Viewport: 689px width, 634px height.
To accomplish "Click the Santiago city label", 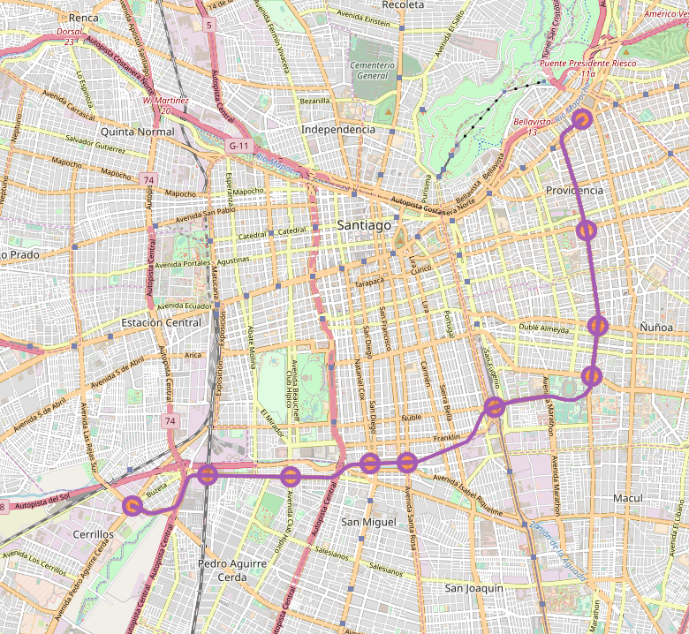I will pyautogui.click(x=363, y=226).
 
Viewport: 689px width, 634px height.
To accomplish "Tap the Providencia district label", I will pyautogui.click(x=574, y=191).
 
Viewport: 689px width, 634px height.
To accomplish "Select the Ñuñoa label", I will pyautogui.click(x=656, y=328).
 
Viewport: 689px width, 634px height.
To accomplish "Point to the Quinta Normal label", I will pyautogui.click(x=138, y=132).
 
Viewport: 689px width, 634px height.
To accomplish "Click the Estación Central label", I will pyautogui.click(x=161, y=323).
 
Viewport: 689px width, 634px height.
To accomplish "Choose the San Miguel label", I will pyautogui.click(x=368, y=523).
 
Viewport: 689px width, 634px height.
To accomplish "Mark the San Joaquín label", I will pyautogui.click(x=473, y=588).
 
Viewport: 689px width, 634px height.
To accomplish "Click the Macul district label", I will pyautogui.click(x=627, y=499).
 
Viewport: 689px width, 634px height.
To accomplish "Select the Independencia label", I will pyautogui.click(x=338, y=130).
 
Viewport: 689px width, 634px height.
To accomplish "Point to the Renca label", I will pyautogui.click(x=83, y=17).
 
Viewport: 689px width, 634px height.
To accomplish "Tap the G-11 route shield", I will pyautogui.click(x=238, y=145).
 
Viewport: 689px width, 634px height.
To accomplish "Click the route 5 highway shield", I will pyautogui.click(x=208, y=26).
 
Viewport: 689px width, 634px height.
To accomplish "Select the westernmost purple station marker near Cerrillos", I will pyautogui.click(x=132, y=505).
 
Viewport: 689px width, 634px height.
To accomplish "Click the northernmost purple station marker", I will pyautogui.click(x=582, y=118).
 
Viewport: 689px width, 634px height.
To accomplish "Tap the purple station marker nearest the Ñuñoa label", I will pyautogui.click(x=598, y=326).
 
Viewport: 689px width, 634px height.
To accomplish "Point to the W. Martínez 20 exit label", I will pyautogui.click(x=165, y=105).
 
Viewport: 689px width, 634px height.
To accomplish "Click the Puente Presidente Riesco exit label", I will pyautogui.click(x=587, y=68).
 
